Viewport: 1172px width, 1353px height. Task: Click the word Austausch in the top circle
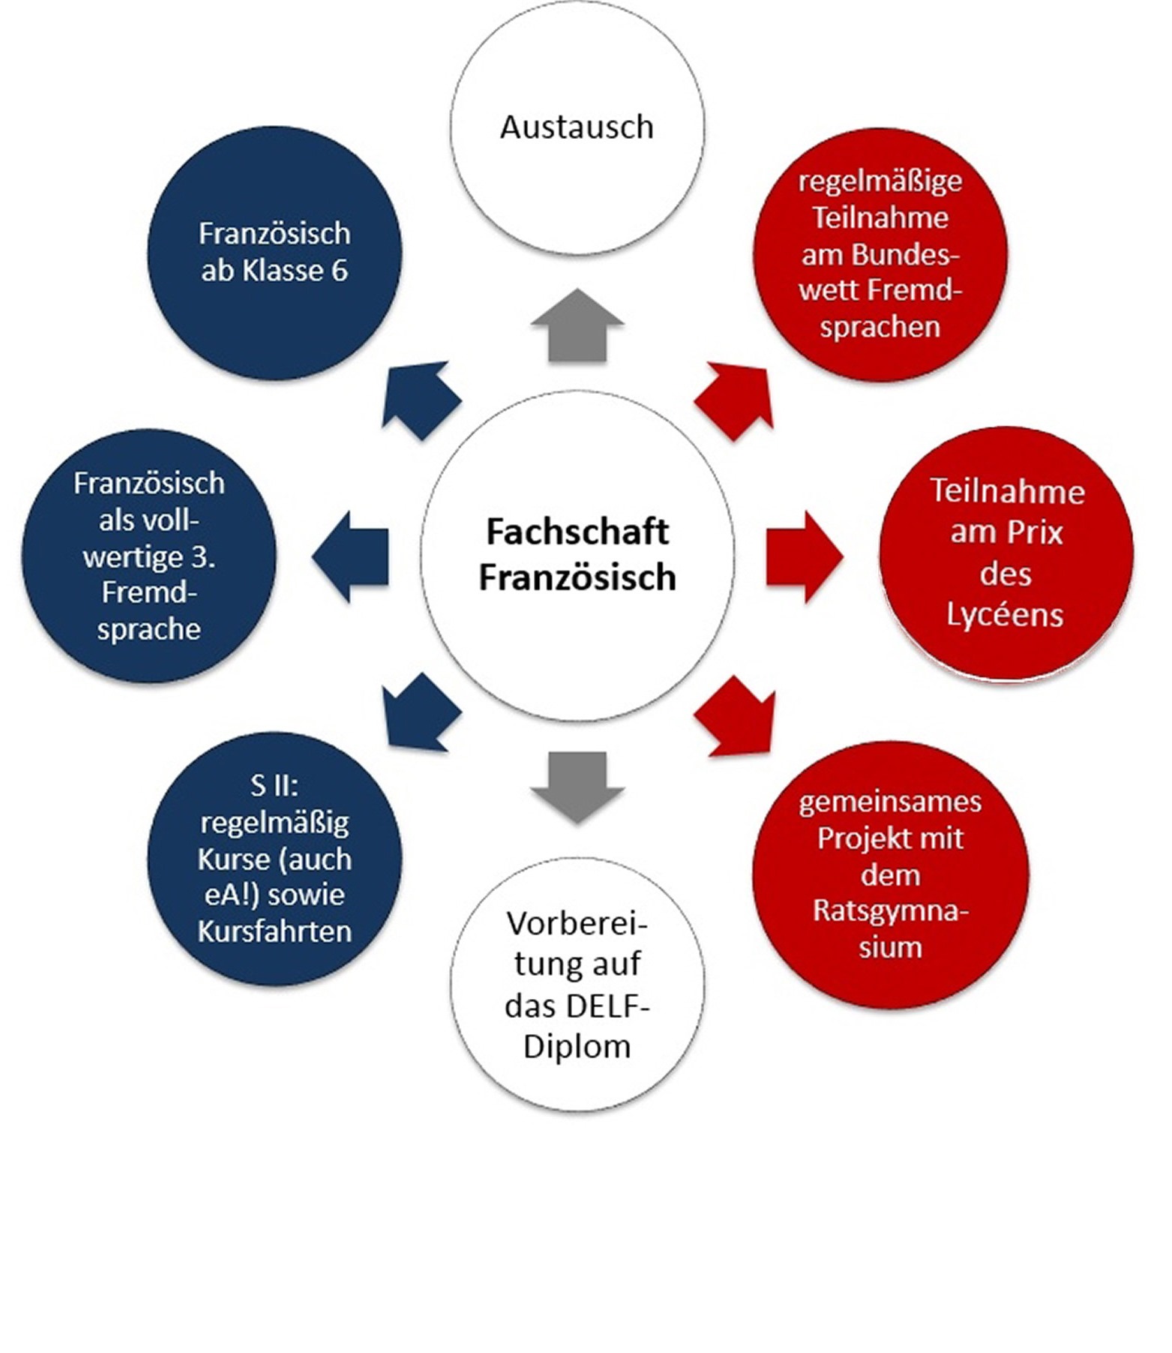click(x=577, y=127)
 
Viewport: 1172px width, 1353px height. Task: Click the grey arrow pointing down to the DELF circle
click(x=577, y=784)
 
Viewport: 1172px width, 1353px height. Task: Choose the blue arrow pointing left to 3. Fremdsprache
click(x=351, y=556)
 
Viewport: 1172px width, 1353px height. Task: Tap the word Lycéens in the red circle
click(x=1005, y=615)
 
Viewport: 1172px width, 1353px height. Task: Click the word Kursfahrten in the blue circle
click(x=274, y=931)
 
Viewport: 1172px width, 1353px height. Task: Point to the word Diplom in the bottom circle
click(x=577, y=1046)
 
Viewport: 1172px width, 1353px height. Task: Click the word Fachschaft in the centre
click(x=577, y=532)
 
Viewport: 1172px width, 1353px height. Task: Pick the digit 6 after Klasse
click(x=339, y=270)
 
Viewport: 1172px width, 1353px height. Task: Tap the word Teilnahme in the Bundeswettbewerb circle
click(x=880, y=217)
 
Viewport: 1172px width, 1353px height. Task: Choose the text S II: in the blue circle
click(x=274, y=785)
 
